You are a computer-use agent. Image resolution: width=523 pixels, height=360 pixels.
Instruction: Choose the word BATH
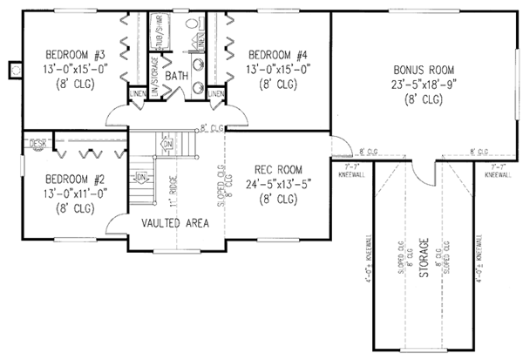tap(177, 76)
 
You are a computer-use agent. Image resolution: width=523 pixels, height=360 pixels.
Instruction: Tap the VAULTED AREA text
tap(174, 223)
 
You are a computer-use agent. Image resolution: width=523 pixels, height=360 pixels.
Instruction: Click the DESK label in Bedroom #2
tap(37, 140)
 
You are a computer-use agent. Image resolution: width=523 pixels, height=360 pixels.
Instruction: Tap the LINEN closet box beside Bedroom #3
tap(137, 93)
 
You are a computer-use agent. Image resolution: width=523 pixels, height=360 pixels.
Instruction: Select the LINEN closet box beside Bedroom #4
tap(216, 93)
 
